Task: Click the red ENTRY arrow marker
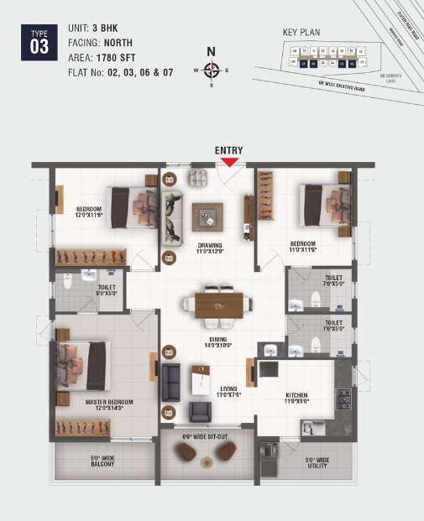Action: coord(229,162)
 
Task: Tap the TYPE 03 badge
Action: coord(39,41)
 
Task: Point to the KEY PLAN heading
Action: coord(302,31)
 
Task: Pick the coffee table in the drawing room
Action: coord(207,217)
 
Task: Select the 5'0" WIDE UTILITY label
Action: coord(317,462)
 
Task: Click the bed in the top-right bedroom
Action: coord(325,206)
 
